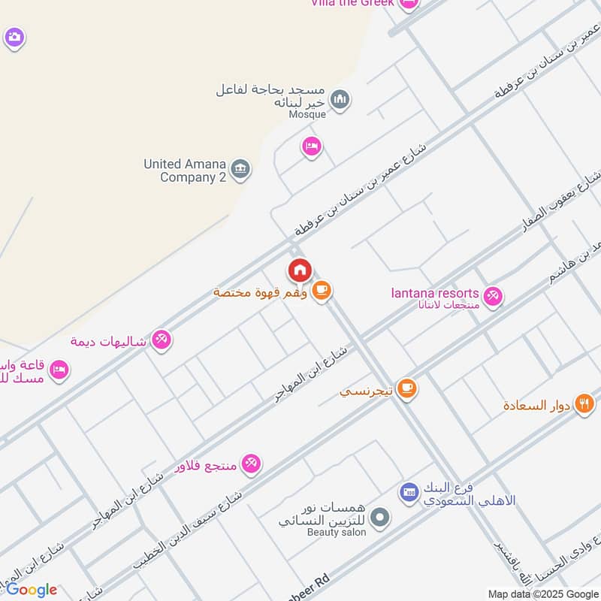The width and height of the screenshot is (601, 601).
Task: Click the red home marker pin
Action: coord(299,270)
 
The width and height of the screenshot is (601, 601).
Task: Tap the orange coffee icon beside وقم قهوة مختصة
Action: coord(322,290)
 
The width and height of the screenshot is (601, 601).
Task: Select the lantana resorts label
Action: coord(434,293)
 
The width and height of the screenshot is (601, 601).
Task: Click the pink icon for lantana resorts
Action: coord(493,297)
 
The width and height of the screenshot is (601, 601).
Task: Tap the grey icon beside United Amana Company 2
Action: coord(240,170)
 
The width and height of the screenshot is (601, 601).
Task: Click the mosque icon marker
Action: coord(340,99)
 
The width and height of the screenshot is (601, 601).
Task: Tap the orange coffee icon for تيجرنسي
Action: coord(407,388)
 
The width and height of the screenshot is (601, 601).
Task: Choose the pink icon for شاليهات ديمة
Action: coord(161,340)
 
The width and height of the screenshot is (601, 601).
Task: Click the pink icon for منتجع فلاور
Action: coord(251,464)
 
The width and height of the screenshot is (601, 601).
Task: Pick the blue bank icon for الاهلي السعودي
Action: coord(409,492)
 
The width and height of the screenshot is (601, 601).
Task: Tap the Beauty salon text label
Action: coord(337,532)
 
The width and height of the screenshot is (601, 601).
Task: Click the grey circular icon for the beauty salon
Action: coord(381,516)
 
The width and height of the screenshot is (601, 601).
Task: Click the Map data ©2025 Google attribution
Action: coord(543,593)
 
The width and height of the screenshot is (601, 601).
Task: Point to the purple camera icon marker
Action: coord(14,37)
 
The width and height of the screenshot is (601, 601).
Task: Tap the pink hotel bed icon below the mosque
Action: coord(312,146)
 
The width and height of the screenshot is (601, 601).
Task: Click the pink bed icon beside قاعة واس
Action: coord(59,369)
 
